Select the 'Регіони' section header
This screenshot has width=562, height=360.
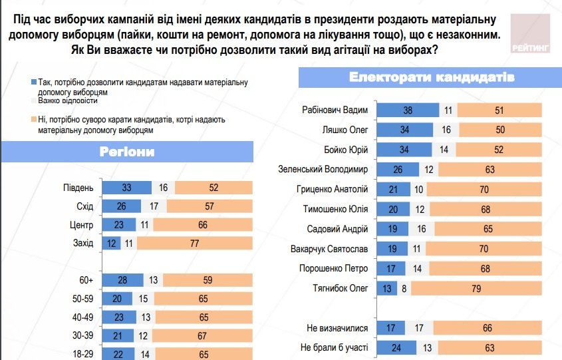point(126,152)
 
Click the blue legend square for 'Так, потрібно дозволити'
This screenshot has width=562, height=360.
point(33,82)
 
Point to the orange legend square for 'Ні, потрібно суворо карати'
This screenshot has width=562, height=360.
point(33,119)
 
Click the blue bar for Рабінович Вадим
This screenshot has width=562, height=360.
point(407,110)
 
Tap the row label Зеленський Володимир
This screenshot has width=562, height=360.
point(323,170)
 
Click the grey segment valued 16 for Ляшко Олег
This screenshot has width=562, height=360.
point(445,130)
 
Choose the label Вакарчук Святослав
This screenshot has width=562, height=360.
point(331,249)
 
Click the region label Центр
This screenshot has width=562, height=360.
point(81,225)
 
